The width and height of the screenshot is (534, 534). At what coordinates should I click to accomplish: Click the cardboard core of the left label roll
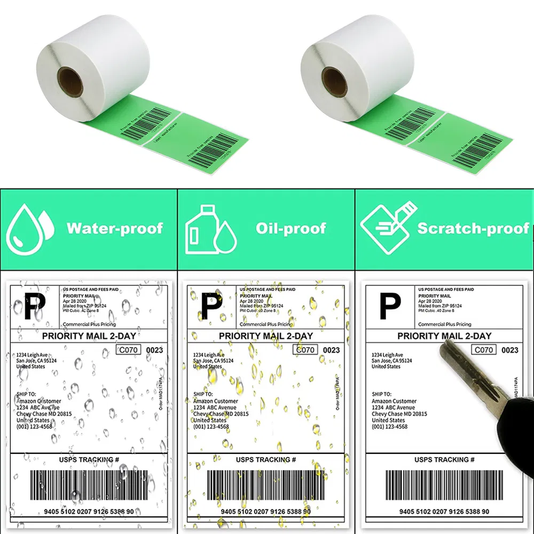(70, 80)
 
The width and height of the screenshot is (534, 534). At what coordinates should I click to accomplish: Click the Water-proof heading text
(114, 229)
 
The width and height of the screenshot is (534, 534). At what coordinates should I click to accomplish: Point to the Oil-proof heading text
(290, 229)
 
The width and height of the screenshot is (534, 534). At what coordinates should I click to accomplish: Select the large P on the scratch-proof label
(389, 307)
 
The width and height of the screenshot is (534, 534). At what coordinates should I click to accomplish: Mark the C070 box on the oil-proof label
(305, 350)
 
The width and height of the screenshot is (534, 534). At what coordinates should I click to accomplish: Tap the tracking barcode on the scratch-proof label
(444, 484)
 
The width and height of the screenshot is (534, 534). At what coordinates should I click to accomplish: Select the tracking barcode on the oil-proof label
(265, 484)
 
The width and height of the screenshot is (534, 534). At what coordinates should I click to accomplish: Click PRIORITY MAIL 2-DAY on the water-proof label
(89, 336)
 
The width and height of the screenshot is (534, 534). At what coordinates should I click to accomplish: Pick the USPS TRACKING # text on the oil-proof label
(265, 460)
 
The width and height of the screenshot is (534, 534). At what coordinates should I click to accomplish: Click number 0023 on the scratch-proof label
(510, 350)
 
